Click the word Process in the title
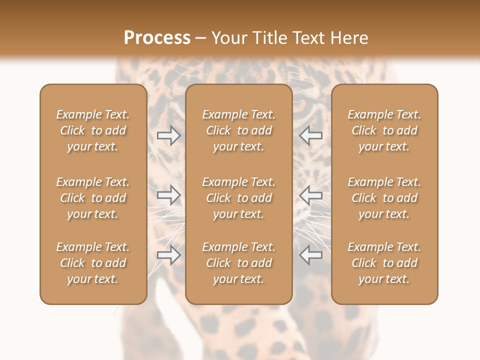pyautogui.click(x=157, y=38)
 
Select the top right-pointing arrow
pyautogui.click(x=168, y=135)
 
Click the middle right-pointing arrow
pyautogui.click(x=168, y=195)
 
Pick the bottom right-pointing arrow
pyautogui.click(x=168, y=255)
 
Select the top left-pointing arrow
pyautogui.click(x=311, y=135)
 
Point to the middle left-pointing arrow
pyautogui.click(x=311, y=195)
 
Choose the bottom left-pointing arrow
pyautogui.click(x=311, y=255)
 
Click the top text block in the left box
pyautogui.click(x=93, y=130)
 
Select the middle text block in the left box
pyautogui.click(x=93, y=198)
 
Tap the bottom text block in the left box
pyautogui.click(x=93, y=263)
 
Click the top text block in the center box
pyautogui.click(x=238, y=130)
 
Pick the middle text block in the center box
pyautogui.click(x=238, y=198)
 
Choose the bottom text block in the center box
pyautogui.click(x=238, y=263)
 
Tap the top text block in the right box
pyautogui.click(x=384, y=130)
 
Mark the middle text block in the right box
pyautogui.click(x=384, y=198)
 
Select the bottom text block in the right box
pyautogui.click(x=384, y=263)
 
